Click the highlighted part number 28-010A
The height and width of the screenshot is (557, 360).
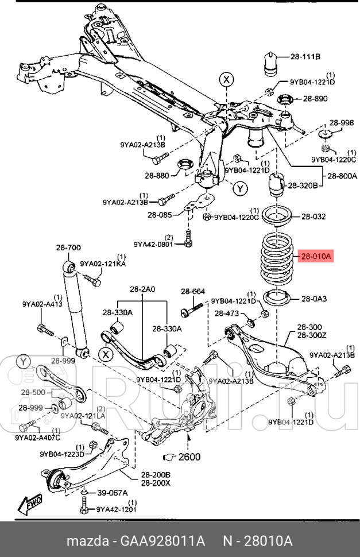point(315,258)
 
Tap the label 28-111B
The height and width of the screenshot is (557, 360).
point(305,56)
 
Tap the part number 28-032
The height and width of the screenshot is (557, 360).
point(313,216)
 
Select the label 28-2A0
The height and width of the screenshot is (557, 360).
point(142,290)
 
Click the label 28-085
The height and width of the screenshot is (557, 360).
point(160,215)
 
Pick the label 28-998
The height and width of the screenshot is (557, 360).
point(341,123)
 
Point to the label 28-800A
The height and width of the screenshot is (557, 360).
point(342,177)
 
